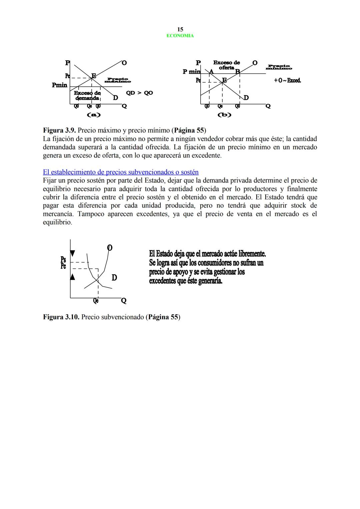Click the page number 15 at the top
pyautogui.click(x=180, y=29)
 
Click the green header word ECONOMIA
pyautogui.click(x=180, y=36)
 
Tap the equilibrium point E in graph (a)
pyautogui.click(x=94, y=76)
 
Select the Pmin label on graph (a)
pyautogui.click(x=60, y=85)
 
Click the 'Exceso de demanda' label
pyautogui.click(x=87, y=96)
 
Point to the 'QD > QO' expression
pyautogui.click(x=139, y=93)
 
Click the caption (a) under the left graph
pyautogui.click(x=94, y=115)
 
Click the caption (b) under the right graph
pyautogui.click(x=224, y=115)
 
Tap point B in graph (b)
pyautogui.click(x=238, y=71)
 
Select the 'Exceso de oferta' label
pyautogui.click(x=226, y=65)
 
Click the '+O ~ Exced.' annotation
pyautogui.click(x=287, y=80)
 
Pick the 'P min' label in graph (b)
pyautogui.click(x=191, y=72)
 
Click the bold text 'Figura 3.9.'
pyautogui.click(x=59, y=130)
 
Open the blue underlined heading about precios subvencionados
pyautogui.click(x=121, y=172)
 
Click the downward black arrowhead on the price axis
pyautogui.click(x=72, y=254)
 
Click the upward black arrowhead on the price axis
pyautogui.click(x=72, y=276)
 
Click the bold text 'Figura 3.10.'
pyautogui.click(x=61, y=317)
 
